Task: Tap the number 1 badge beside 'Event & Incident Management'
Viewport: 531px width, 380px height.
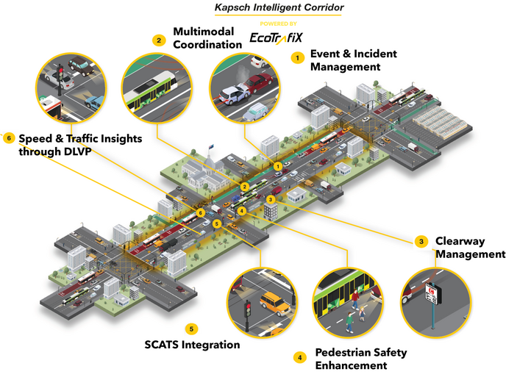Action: pos(298,57)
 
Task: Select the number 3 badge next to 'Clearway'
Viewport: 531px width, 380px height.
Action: pos(421,241)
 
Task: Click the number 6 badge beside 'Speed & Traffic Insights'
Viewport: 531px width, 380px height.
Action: pos(9,137)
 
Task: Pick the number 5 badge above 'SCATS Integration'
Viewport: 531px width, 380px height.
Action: pos(191,329)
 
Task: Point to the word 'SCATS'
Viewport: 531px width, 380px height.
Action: pos(161,344)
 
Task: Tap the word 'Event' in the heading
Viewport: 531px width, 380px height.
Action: pos(326,54)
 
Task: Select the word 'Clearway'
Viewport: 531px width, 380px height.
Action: pos(460,241)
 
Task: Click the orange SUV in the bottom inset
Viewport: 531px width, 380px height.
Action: pos(274,302)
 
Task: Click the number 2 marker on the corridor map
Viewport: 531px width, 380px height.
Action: pos(244,187)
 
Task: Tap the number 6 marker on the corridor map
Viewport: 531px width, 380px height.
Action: pos(201,212)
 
